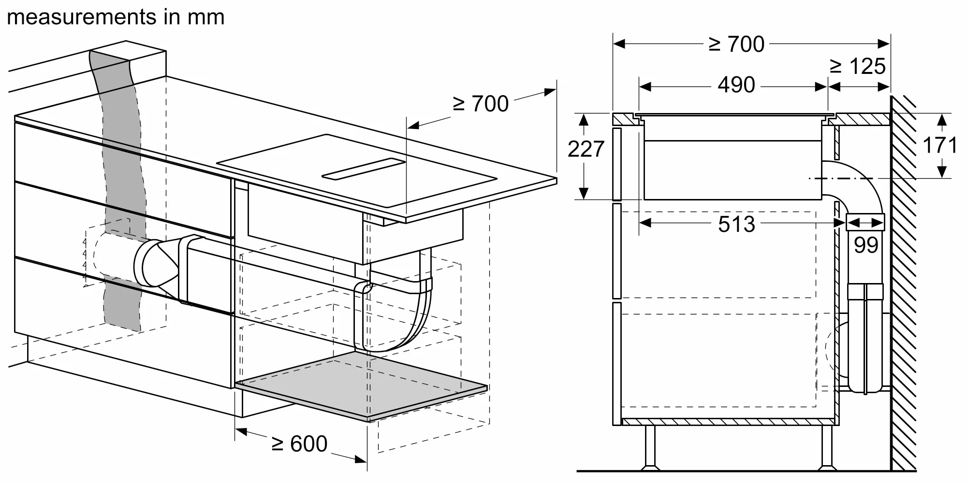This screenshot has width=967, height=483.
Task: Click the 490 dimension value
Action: [736, 85]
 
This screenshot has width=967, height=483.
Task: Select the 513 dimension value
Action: [736, 224]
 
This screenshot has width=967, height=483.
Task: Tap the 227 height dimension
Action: [586, 149]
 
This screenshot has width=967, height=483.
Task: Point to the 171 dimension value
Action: [939, 145]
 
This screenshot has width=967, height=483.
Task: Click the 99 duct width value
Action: [865, 245]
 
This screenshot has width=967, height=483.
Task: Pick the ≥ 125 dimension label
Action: [858, 67]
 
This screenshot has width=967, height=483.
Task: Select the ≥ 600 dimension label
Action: [299, 444]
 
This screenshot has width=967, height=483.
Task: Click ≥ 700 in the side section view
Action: [736, 44]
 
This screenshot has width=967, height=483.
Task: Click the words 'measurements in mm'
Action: [116, 17]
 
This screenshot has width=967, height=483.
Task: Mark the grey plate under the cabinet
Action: [360, 385]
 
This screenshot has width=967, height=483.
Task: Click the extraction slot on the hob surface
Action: [363, 169]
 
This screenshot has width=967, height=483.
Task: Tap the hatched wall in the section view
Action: [903, 290]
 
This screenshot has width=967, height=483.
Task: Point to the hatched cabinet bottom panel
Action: [725, 422]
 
